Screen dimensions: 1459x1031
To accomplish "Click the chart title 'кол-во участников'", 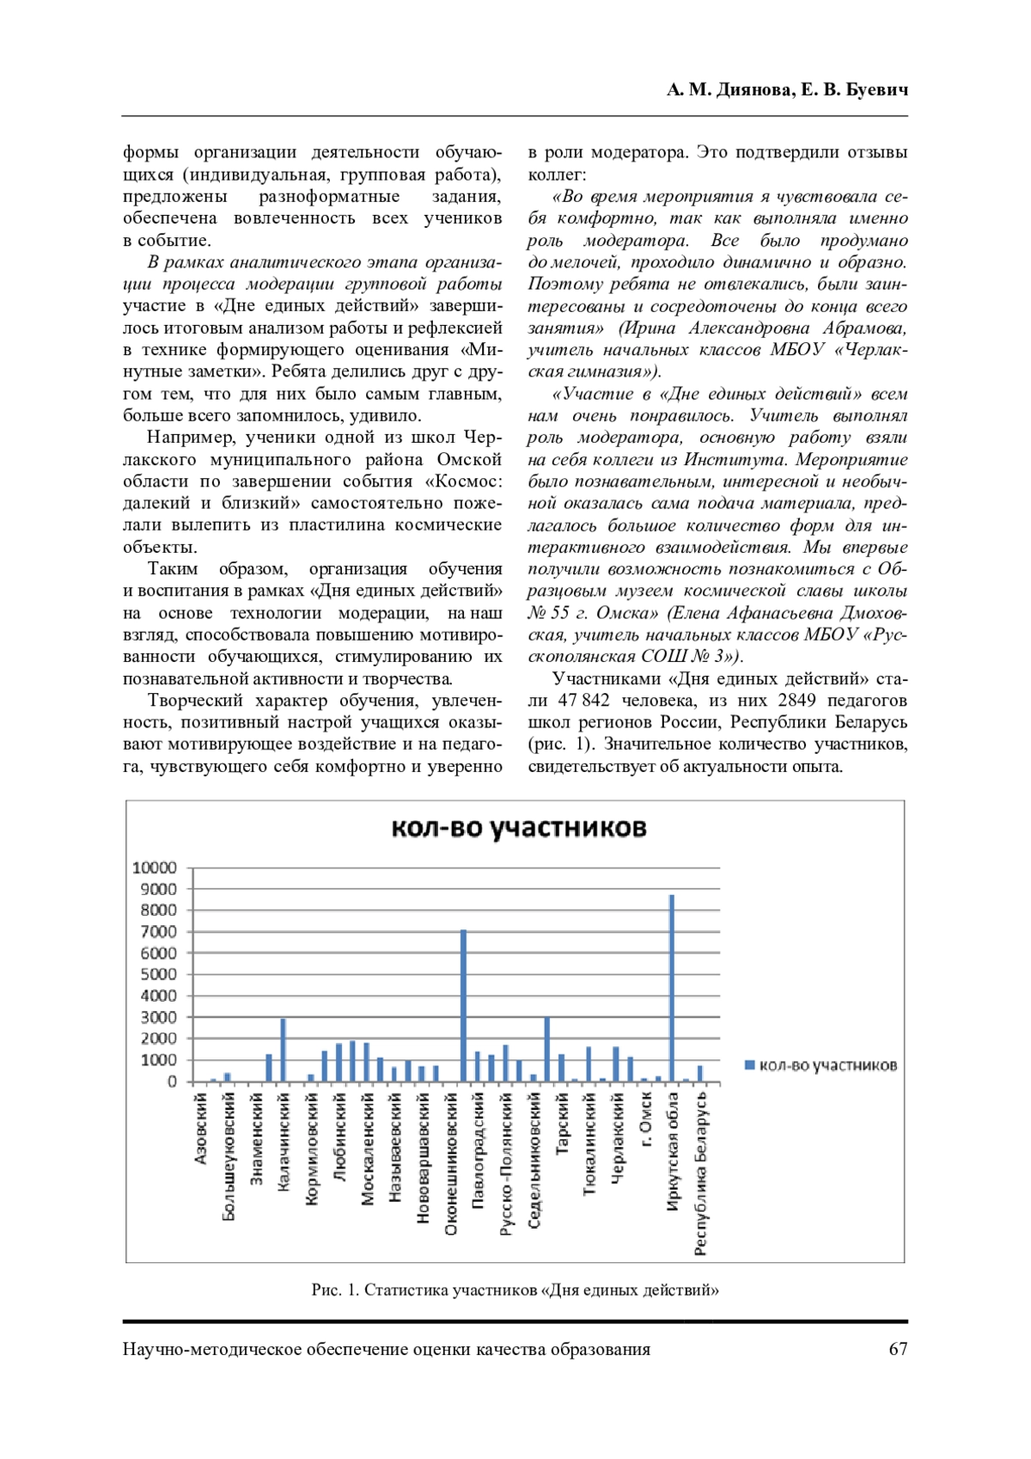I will point(518,828).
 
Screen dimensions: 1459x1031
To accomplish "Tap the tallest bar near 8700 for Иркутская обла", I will point(672,989).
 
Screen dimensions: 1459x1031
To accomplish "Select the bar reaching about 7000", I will point(464,1006).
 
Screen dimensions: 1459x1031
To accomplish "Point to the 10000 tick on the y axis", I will point(155,867).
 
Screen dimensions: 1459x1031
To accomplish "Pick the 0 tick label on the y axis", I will point(172,1082).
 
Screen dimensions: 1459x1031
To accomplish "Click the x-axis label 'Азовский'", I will point(201,1129).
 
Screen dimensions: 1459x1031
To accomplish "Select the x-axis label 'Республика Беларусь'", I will point(701,1174).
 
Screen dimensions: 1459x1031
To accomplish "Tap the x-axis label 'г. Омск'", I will point(646,1119).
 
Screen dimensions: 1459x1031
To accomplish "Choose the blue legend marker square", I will point(749,1065).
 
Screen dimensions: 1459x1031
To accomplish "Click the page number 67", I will point(898,1349).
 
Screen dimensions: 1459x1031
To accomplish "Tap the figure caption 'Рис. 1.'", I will point(336,1290).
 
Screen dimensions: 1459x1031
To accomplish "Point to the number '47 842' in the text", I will point(583,700).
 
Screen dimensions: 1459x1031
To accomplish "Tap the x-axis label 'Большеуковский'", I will point(229,1156).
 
